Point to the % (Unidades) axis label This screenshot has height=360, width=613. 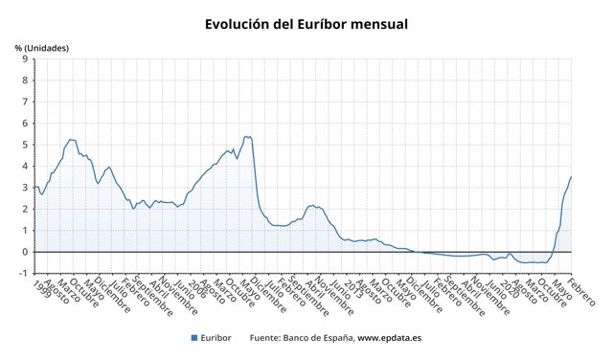(42, 47)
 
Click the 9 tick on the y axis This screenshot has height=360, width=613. (26, 58)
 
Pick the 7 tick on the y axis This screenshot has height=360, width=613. (26, 101)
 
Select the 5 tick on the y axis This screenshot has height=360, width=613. (26, 145)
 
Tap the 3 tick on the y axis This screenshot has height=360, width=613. (26, 187)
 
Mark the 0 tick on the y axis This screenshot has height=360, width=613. (26, 252)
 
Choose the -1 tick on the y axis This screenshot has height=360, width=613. (24, 273)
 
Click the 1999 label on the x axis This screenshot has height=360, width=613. (41, 288)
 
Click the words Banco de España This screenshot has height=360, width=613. (320, 337)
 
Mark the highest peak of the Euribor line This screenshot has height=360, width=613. (247, 136)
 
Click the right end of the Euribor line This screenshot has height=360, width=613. (571, 176)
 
